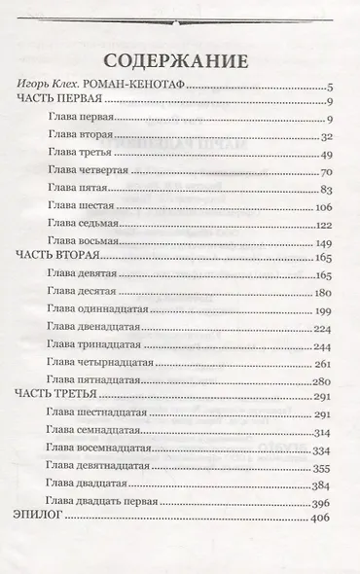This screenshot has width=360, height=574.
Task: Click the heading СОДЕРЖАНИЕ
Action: click(182, 57)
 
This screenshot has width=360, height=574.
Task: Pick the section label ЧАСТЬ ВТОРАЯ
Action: click(59, 258)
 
